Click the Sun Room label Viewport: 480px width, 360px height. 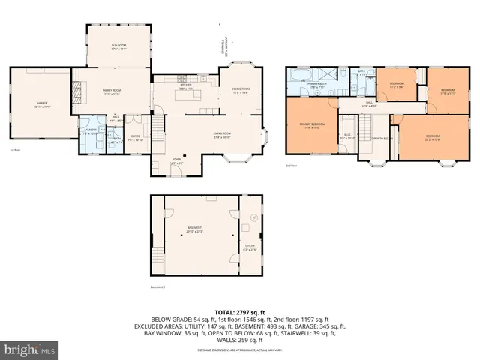coord(118,47)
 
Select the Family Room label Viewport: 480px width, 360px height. coord(112,91)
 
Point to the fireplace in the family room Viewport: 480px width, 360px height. coord(76,91)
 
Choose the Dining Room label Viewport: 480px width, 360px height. coord(239,91)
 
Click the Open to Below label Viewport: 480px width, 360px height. coord(382,139)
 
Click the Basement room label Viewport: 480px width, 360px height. coord(195,226)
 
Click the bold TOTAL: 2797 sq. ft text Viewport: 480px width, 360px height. coord(239,312)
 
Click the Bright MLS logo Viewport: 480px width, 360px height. coord(28,349)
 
